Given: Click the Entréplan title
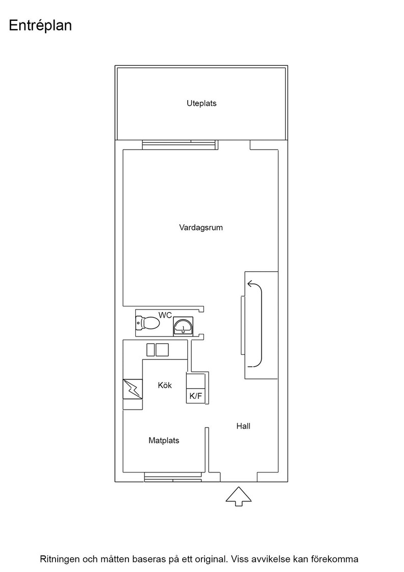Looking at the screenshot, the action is click(x=40, y=26).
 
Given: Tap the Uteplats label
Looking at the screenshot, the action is click(x=201, y=103).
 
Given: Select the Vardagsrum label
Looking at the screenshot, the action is click(x=201, y=228).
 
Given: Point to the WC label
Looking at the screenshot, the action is click(x=165, y=315).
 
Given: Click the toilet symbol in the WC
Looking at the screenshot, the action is click(x=147, y=323).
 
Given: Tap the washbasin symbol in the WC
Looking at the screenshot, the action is click(x=183, y=326).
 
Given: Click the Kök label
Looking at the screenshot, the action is click(x=165, y=385).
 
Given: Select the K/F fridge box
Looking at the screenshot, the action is click(x=196, y=396).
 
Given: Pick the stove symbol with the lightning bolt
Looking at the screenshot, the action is click(x=133, y=389).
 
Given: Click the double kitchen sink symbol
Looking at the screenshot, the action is click(x=158, y=350).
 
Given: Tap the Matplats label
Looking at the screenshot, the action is click(x=164, y=441).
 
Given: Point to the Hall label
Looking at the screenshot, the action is click(x=243, y=426).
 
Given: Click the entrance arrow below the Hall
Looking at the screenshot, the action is click(x=239, y=496).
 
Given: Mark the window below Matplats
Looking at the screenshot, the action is click(x=173, y=477).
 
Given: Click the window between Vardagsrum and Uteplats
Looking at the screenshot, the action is click(x=180, y=145).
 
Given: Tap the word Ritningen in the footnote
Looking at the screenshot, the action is click(x=60, y=559).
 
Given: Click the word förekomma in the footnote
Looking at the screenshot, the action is click(x=335, y=559).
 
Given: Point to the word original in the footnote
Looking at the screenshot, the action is click(x=211, y=559).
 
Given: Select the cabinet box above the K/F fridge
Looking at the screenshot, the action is click(x=196, y=381).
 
